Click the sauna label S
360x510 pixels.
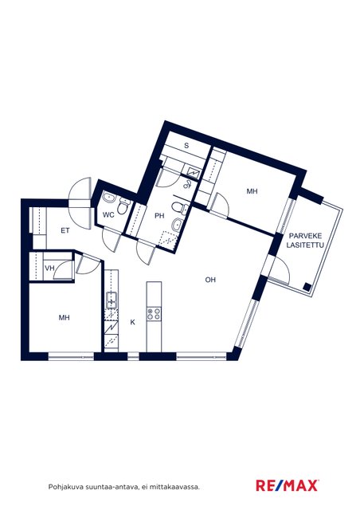186,145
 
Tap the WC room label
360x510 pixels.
108,215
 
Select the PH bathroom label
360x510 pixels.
159,216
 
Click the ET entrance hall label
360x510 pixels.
65,230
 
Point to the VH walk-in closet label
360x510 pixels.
49,268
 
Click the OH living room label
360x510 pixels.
210,280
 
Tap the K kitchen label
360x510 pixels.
133,322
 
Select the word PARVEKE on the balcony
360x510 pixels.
305,236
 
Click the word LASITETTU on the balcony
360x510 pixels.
305,245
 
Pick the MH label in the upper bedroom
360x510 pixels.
252,191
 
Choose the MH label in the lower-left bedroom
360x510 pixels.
64,317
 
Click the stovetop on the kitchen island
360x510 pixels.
154,313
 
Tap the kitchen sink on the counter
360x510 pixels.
112,300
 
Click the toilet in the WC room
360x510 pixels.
123,206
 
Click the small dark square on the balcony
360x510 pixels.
307,287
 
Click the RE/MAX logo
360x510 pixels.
288,485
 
